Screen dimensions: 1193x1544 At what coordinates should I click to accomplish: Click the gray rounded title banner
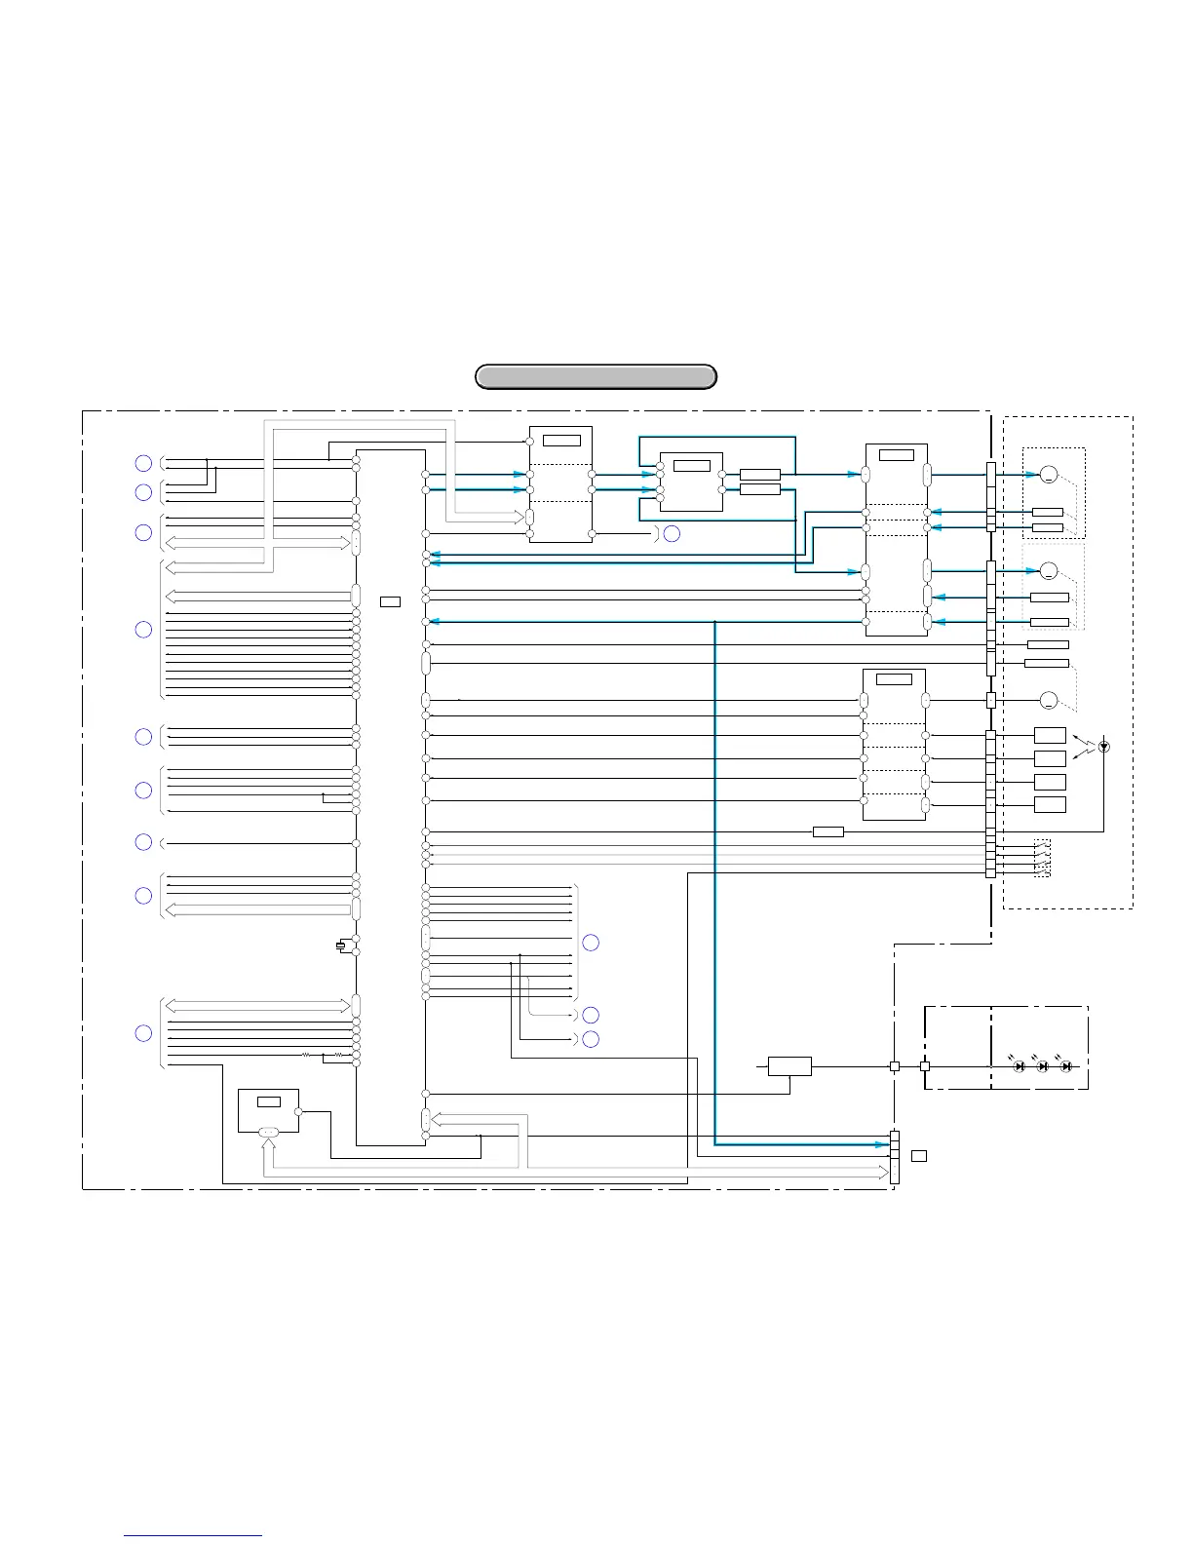(596, 376)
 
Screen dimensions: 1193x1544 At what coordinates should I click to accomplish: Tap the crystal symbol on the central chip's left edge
(340, 945)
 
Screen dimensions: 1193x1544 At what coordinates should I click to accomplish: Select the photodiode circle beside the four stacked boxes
(1103, 747)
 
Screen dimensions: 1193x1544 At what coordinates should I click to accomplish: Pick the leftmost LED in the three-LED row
(1020, 1066)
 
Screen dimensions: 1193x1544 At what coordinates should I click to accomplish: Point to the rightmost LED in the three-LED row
(1066, 1066)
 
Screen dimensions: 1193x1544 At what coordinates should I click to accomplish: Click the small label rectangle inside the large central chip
(390, 600)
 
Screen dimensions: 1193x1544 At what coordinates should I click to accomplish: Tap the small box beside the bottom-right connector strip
(919, 1155)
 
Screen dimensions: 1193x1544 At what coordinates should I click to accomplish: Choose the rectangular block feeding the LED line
(789, 1066)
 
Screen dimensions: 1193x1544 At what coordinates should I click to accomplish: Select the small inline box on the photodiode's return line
(827, 831)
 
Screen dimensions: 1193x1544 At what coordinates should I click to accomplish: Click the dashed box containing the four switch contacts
(1042, 858)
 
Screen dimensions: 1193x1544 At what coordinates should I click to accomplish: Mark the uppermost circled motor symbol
(1048, 475)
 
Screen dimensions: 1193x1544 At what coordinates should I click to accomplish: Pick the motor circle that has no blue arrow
(1048, 700)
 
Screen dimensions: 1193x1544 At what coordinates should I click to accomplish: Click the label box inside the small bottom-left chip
(268, 1101)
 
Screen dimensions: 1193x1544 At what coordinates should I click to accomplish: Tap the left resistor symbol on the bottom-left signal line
(305, 1055)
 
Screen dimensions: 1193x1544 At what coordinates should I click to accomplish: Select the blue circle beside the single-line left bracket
(143, 842)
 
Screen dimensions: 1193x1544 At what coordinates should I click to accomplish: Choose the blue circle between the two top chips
(672, 534)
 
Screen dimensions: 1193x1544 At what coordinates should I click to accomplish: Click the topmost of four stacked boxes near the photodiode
(1050, 735)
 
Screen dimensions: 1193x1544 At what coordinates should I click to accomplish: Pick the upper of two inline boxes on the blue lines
(759, 475)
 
